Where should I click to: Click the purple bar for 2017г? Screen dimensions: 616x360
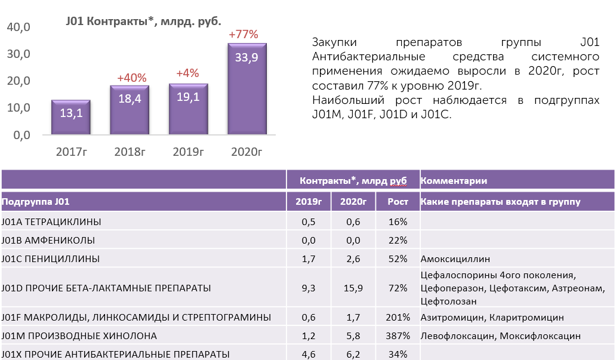pos(70,117)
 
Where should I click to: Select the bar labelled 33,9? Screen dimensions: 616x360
pos(247,89)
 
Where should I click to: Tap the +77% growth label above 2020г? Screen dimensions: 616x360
pos(244,34)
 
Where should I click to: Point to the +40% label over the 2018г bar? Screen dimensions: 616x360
pos(131,78)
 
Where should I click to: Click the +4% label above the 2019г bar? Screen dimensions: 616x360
pos(188,73)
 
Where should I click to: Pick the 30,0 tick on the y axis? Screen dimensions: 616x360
pos(19,54)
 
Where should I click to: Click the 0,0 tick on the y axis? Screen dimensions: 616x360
pos(22,135)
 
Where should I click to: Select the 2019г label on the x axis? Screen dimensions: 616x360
pos(188,152)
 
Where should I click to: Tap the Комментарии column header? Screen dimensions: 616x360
pos(454,181)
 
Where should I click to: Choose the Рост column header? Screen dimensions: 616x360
pos(398,202)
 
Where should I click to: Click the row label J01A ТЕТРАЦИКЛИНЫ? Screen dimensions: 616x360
pos(51,221)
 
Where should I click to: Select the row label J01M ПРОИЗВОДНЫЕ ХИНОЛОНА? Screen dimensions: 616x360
pos(79,336)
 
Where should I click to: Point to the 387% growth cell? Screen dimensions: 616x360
pos(398,336)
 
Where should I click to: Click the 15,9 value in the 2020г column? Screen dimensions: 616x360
pos(353,288)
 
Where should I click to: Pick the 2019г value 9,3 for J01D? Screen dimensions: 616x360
pos(309,288)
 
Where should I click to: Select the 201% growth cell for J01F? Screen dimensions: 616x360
pos(398,317)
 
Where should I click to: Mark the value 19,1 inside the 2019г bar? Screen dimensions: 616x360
pos(188,97)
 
